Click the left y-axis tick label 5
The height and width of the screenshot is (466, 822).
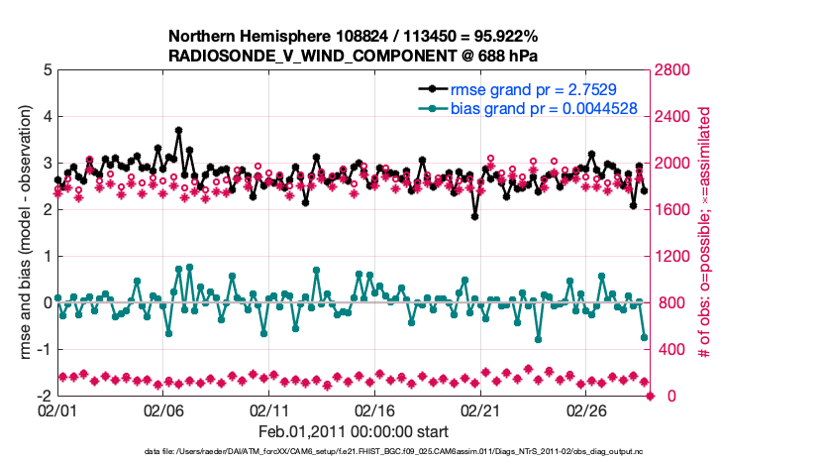click(x=47, y=70)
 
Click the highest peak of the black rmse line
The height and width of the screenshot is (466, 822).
click(x=178, y=130)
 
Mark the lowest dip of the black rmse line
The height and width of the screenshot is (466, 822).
click(x=475, y=216)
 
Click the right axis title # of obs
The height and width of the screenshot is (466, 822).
click(x=706, y=233)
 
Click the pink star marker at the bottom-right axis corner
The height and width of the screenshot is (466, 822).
click(x=651, y=397)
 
